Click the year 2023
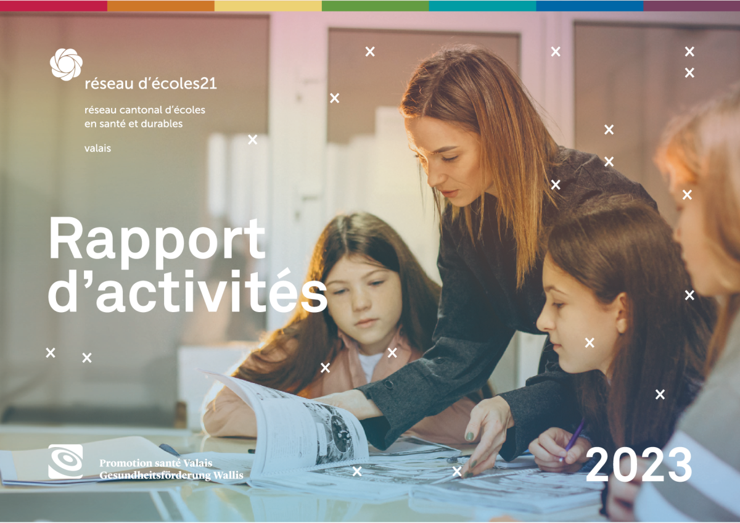[639, 464]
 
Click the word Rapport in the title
[157, 242]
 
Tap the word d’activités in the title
[187, 291]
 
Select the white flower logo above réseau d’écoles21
[66, 64]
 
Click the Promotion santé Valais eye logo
[65, 461]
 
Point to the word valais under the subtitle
[97, 149]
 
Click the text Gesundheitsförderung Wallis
[171, 476]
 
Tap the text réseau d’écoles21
[150, 84]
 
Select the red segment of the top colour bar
[54, 6]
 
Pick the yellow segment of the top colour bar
[268, 6]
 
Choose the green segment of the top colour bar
[376, 6]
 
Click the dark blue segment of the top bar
[590, 6]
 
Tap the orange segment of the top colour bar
[161, 6]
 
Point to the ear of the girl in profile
[621, 312]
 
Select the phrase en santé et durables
[133, 124]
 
